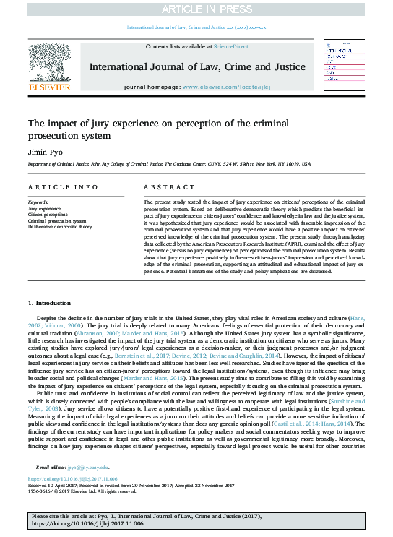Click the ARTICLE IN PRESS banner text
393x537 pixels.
(x=196, y=9)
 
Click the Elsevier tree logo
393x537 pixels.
(x=49, y=62)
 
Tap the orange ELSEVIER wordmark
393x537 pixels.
(x=49, y=87)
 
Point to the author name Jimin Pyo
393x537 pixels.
(x=43, y=152)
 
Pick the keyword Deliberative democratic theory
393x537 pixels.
(x=60, y=226)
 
